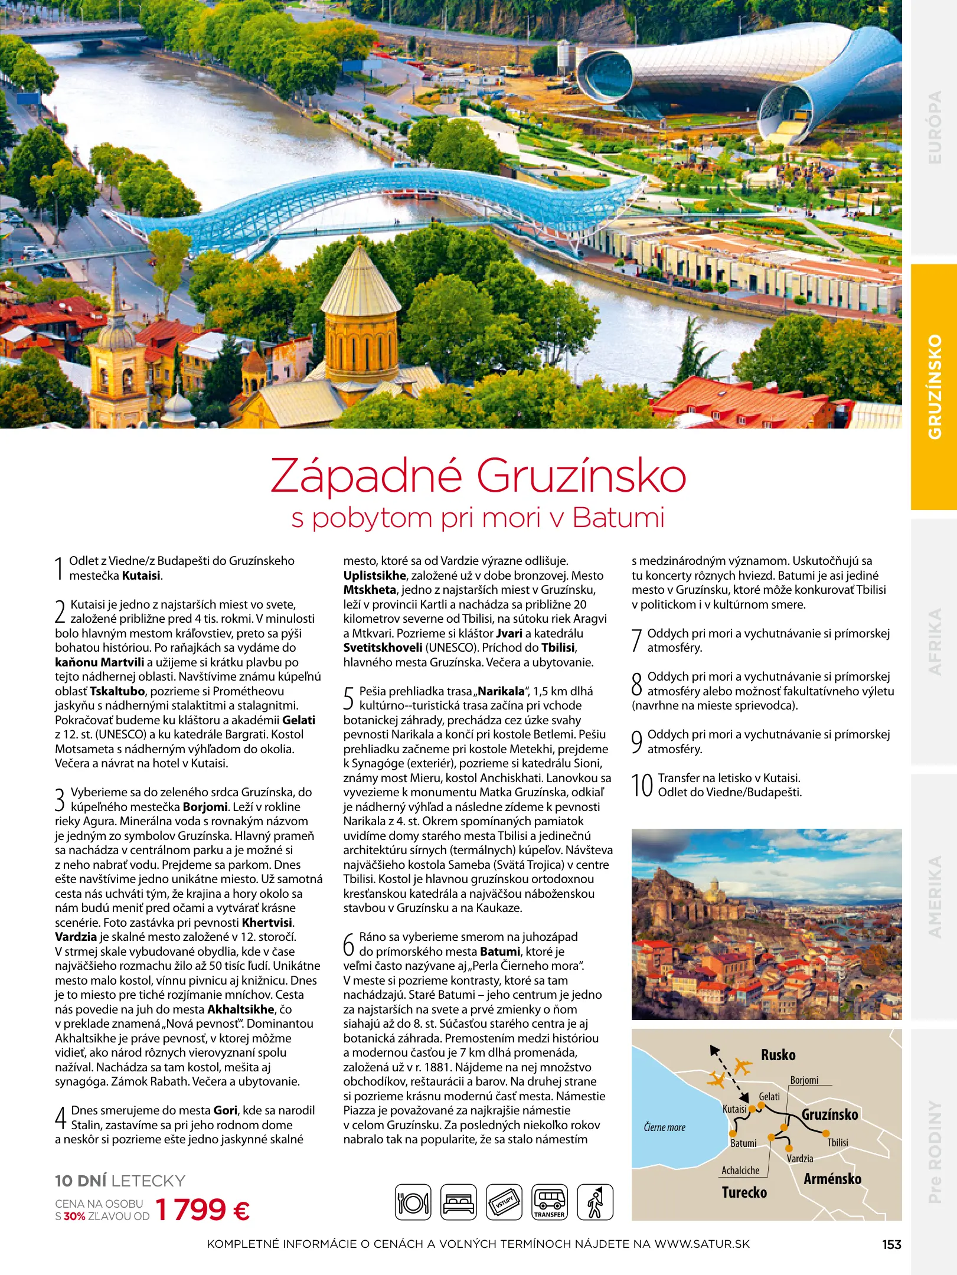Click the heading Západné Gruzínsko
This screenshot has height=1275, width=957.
point(478,476)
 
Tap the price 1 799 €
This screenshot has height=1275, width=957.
point(202,1210)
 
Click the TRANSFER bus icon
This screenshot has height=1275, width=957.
point(549,1202)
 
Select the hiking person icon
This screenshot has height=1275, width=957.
point(595,1202)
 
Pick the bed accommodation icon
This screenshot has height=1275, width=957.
point(459,1202)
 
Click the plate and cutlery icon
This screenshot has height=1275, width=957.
point(413,1202)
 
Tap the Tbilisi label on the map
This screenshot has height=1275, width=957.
point(837,1143)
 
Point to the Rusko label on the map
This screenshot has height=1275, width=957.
point(778,1055)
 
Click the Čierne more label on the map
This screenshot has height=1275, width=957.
point(664,1127)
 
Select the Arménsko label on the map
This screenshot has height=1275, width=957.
point(832,1179)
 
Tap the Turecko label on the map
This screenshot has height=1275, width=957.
point(744,1192)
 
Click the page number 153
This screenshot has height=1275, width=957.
point(891,1244)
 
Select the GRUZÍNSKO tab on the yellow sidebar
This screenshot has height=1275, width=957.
point(934,387)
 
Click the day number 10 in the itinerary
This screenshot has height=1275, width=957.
point(642,786)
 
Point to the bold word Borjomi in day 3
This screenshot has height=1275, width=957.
point(205,807)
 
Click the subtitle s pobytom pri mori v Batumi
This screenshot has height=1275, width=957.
point(478,518)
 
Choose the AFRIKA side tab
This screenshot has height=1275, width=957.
point(934,642)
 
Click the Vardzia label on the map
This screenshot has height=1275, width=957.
point(800,1159)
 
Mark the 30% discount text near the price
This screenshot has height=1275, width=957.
point(74,1217)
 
